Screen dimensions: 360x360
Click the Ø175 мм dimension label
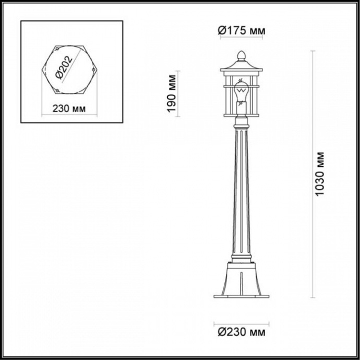pyautogui.click(x=241, y=31)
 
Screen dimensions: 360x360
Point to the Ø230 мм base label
pyautogui.click(x=241, y=332)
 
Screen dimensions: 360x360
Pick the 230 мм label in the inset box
pyautogui.click(x=69, y=109)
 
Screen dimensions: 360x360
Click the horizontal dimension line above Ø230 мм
pyautogui.click(x=241, y=320)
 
